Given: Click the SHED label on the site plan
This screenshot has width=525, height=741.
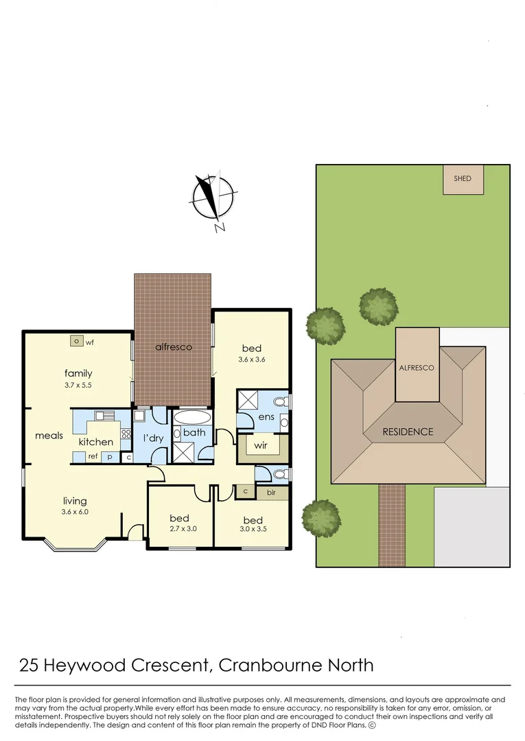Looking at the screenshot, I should click(x=463, y=178).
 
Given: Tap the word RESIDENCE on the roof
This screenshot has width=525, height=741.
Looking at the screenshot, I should click(x=408, y=432).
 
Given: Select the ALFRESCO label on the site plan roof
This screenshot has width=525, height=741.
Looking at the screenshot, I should click(x=417, y=368).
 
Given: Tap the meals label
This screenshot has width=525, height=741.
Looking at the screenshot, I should click(x=49, y=436).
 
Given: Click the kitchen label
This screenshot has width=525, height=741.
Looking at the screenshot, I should click(x=95, y=442).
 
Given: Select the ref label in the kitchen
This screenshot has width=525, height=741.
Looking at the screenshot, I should click(x=92, y=456).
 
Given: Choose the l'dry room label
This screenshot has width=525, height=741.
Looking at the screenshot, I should click(x=152, y=437).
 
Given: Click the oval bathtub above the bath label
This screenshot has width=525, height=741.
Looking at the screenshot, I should click(x=194, y=417).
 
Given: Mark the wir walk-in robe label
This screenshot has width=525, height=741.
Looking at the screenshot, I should click(x=261, y=445).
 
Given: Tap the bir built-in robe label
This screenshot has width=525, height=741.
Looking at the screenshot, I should click(x=271, y=493).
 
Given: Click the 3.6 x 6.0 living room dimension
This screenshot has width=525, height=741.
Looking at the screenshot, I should click(x=75, y=512).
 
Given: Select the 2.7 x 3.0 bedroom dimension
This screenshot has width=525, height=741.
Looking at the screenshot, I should click(x=180, y=529).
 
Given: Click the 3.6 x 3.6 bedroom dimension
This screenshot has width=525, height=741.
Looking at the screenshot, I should click(x=251, y=360).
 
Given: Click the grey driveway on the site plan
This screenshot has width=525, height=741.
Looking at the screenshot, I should click(x=471, y=526).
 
